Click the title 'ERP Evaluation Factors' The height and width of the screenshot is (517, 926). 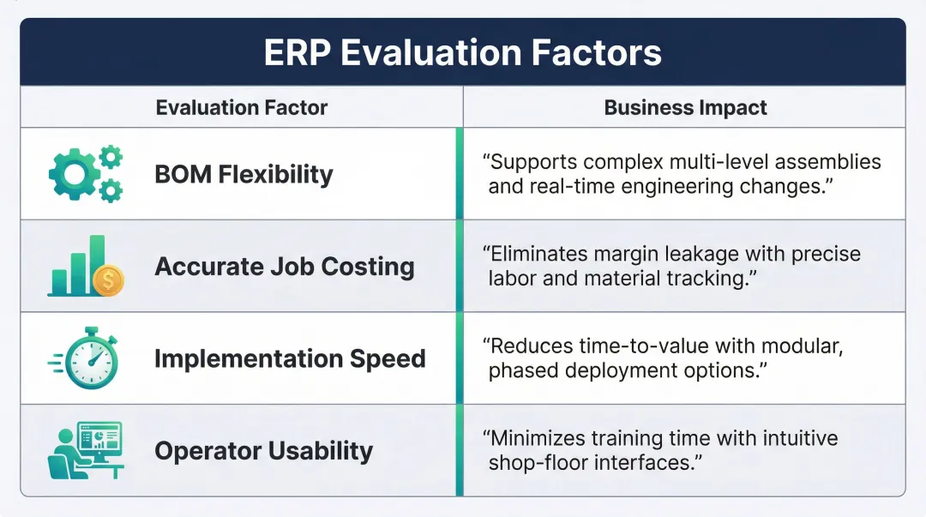point(462,53)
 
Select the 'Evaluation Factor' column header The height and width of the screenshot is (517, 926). point(242,108)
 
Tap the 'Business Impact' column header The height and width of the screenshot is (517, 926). point(685,108)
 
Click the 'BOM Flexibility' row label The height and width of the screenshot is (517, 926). point(244,174)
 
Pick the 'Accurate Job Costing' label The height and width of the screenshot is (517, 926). point(284,267)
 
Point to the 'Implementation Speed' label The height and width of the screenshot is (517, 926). point(290,358)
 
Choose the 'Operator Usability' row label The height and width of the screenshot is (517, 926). point(263,451)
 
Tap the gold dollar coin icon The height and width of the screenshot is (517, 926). point(109,280)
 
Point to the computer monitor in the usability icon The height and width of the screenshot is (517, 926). point(99,439)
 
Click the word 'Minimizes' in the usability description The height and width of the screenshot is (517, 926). point(538,439)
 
